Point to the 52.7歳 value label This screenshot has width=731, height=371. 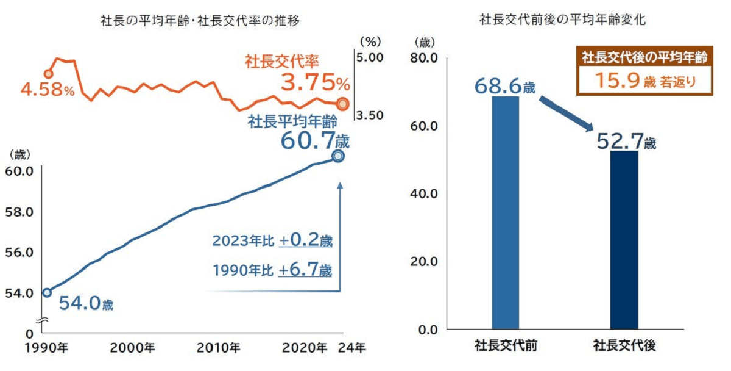pyautogui.click(x=626, y=142)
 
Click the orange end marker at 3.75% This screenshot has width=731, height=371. pyautogui.click(x=342, y=103)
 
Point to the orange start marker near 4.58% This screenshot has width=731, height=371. pyautogui.click(x=48, y=74)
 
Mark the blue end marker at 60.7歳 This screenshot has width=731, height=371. pyautogui.click(x=338, y=156)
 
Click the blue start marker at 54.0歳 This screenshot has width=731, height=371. pyautogui.click(x=46, y=292)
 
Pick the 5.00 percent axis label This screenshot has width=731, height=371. pyautogui.click(x=369, y=58)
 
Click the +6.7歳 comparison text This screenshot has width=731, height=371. pyautogui.click(x=305, y=270)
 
